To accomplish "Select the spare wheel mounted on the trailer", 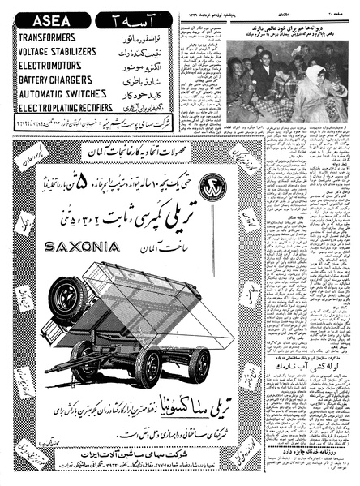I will point(65,298).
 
